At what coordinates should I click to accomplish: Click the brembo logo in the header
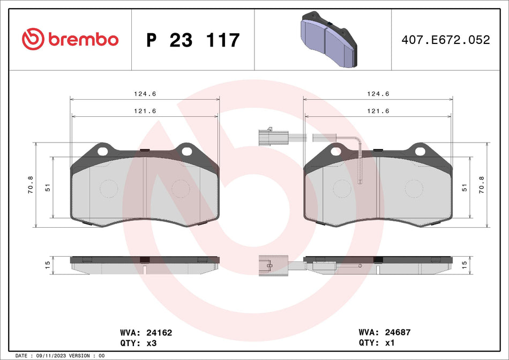click(x=70, y=39)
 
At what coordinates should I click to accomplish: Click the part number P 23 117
click(x=193, y=40)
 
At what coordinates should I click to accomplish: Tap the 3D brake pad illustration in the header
click(x=327, y=39)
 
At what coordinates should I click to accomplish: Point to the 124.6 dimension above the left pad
click(x=145, y=94)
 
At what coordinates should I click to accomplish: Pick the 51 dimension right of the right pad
click(x=465, y=187)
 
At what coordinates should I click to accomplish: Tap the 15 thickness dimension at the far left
click(x=47, y=264)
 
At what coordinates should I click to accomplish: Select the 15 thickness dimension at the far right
click(x=464, y=264)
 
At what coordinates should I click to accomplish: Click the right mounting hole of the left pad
click(x=186, y=151)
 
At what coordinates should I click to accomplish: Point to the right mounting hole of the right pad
click(x=420, y=151)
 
